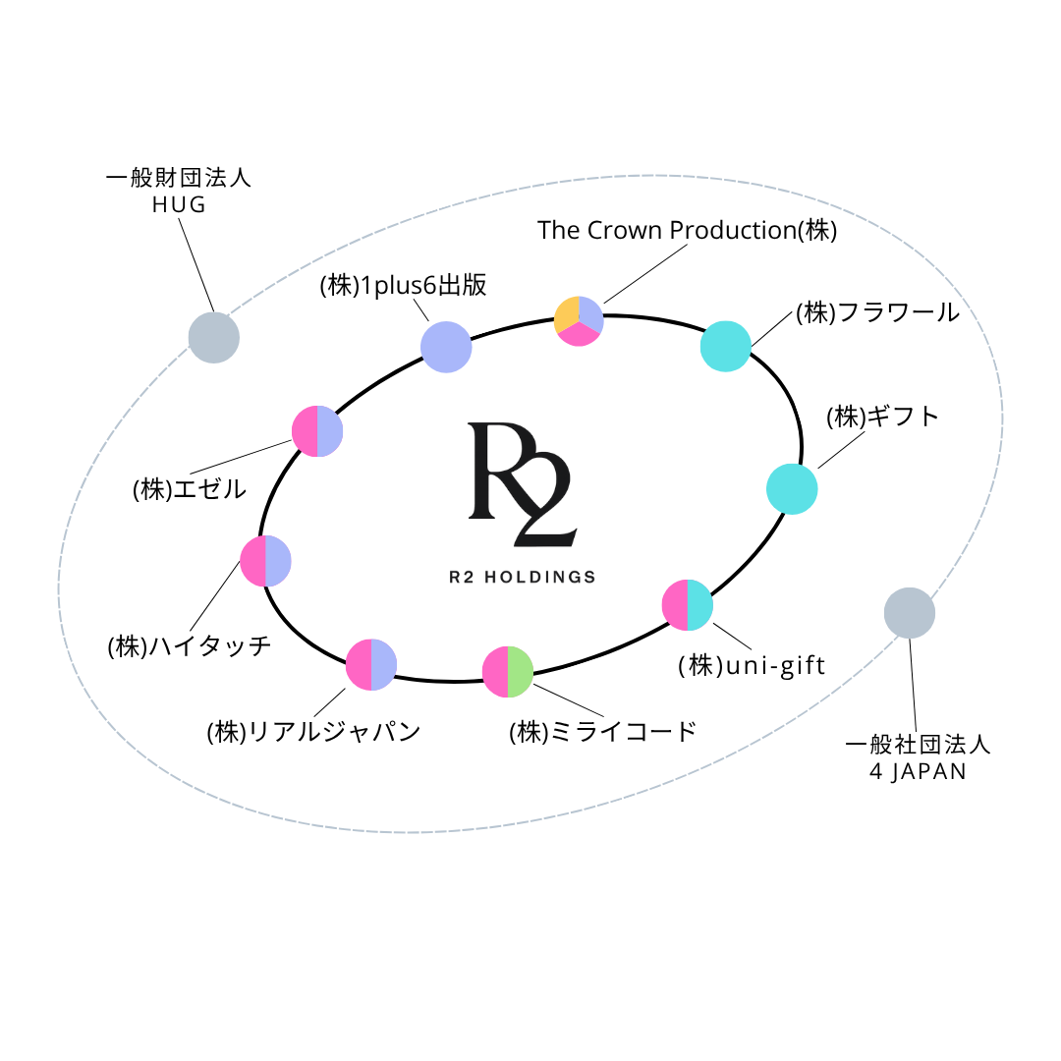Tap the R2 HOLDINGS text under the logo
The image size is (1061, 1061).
(522, 577)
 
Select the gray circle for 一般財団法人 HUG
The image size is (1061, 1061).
(213, 337)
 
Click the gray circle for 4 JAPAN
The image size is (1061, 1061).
(909, 613)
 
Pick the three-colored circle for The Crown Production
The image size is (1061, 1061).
(579, 320)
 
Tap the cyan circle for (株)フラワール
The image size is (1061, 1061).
(726, 346)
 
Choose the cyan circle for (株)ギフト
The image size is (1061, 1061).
(792, 488)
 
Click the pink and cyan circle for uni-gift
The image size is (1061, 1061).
(688, 605)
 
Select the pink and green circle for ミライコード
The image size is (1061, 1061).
(508, 672)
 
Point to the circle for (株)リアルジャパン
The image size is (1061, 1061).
(371, 664)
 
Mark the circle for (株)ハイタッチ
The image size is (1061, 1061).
(266, 561)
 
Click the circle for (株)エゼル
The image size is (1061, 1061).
(317, 431)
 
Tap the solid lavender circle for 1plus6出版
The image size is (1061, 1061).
(446, 347)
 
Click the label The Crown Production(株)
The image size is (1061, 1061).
(687, 230)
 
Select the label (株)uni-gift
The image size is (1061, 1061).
(752, 665)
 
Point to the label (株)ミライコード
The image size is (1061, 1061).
(602, 732)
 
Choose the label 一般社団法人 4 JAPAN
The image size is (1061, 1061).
(918, 756)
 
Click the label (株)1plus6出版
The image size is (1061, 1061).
(403, 286)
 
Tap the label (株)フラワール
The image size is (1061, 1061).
(876, 312)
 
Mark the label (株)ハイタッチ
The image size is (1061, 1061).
(189, 646)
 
